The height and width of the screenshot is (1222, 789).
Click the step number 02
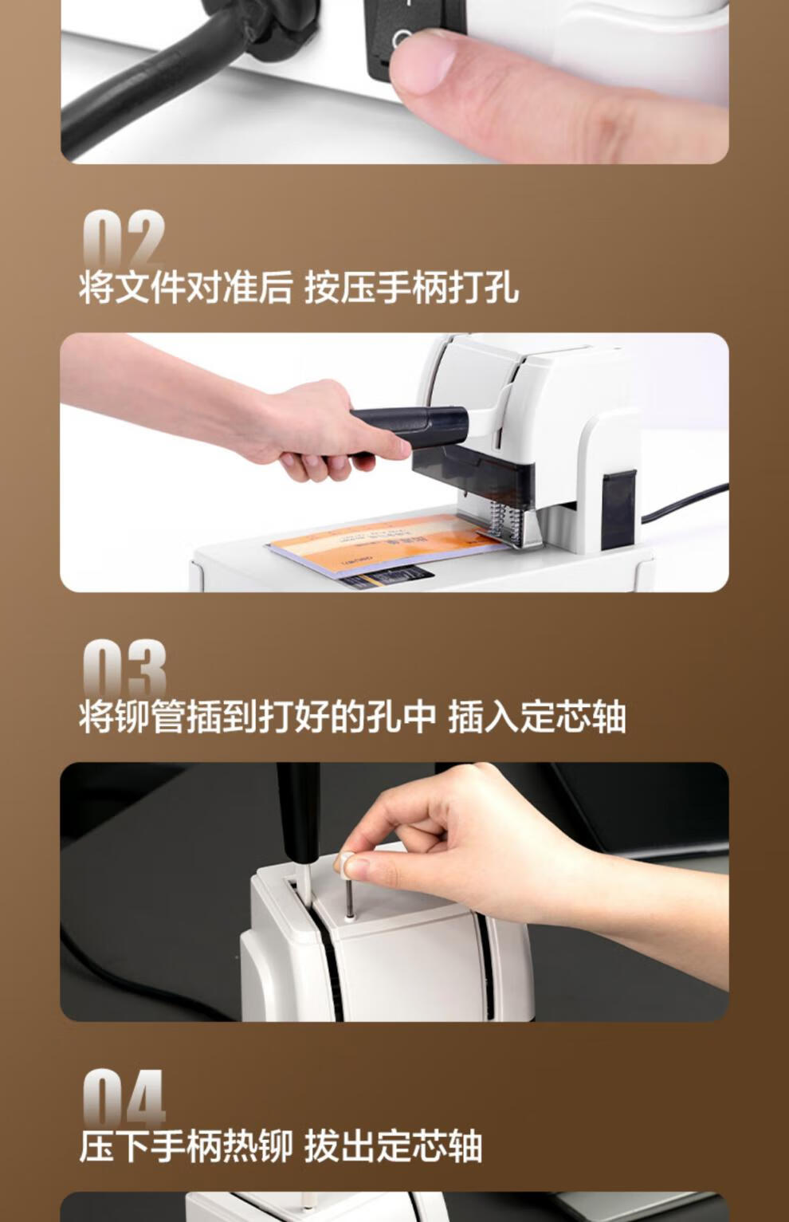124,238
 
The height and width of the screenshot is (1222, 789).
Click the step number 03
124,668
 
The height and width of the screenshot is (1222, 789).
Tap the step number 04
124,1097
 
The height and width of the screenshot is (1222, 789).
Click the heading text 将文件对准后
186,287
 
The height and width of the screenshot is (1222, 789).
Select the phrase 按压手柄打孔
412,287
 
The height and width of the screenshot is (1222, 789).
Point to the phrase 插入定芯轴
537,717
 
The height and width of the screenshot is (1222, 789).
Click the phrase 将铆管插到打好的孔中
257,717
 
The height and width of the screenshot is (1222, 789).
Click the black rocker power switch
414,33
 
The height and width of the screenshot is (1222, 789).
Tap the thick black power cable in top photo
153,82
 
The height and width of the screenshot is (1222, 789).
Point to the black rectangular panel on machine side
619,510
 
